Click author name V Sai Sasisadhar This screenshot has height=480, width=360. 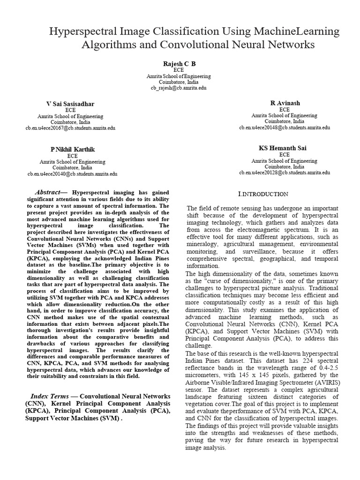[71, 104]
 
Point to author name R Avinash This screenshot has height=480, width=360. [284, 103]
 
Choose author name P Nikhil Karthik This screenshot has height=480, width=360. [73, 149]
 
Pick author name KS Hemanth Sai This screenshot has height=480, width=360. [283, 148]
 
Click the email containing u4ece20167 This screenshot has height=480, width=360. [70, 127]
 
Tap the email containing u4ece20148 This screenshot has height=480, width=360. [285, 127]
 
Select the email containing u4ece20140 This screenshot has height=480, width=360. [72, 173]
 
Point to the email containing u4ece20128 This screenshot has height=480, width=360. [285, 172]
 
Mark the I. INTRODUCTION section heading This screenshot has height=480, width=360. [263, 194]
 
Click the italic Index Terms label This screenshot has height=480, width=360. [48, 396]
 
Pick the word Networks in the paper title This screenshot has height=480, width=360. [284, 45]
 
